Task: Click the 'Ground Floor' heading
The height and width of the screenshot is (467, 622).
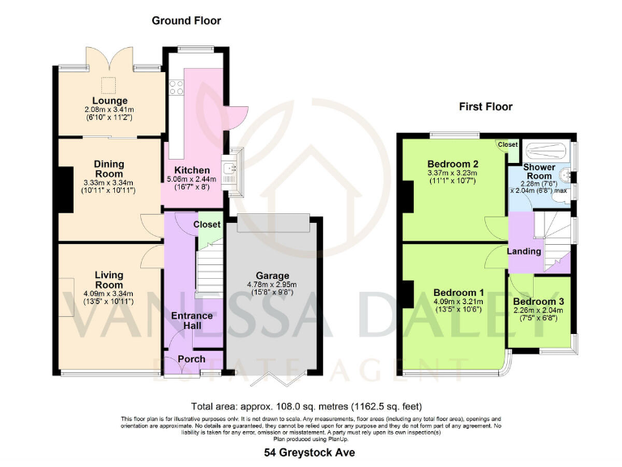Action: pos(186,20)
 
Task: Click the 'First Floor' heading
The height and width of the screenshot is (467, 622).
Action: pos(485,106)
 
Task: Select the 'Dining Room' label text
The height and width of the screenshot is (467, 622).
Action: pos(109,168)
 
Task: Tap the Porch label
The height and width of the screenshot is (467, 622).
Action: pos(191,359)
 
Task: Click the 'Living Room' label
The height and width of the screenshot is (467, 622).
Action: pos(109,280)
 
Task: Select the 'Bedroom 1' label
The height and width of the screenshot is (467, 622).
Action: pos(458,293)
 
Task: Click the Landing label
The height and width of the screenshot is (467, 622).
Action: pos(524,251)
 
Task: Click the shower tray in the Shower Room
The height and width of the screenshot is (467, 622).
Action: pos(546,150)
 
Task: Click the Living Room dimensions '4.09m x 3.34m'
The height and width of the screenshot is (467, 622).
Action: pos(109,293)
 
